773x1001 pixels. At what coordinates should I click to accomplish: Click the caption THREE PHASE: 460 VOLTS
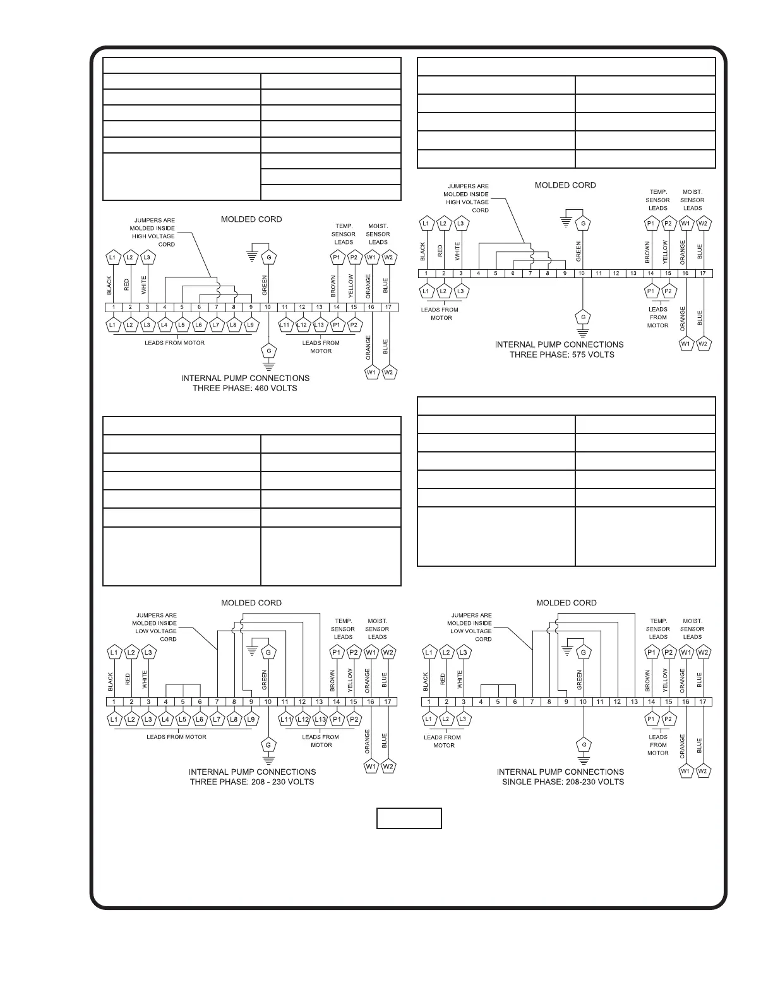coord(245,388)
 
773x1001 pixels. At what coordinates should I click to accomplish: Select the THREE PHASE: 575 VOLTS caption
coord(562,355)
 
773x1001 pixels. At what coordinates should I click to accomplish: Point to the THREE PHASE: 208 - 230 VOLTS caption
coord(252,782)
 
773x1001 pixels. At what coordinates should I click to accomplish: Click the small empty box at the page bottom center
coord(409,818)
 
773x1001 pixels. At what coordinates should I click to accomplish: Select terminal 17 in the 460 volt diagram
coord(388,307)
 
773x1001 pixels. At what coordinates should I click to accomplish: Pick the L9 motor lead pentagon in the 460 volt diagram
coord(251,324)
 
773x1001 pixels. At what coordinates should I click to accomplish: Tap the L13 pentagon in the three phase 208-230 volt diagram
coord(320,719)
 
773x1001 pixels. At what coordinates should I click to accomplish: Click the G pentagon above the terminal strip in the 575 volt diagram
coord(583,224)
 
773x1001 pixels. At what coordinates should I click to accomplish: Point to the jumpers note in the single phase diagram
coord(470,627)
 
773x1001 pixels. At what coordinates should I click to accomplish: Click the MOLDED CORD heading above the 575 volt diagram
coord(565,185)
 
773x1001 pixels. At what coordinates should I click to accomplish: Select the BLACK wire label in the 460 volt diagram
coord(109,286)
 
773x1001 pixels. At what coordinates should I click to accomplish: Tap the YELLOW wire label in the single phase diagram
coord(665,680)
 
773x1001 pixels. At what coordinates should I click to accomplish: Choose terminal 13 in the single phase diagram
coord(634,701)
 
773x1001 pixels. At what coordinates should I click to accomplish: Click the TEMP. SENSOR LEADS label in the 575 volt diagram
coord(658,200)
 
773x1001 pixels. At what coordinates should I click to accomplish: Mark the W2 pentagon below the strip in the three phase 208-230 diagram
coord(388,767)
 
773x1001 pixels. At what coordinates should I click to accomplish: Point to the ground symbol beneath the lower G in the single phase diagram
coord(583,756)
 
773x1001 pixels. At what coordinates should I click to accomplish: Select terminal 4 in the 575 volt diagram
coord(479,274)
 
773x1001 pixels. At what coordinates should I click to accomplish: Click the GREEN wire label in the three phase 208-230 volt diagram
coord(265,680)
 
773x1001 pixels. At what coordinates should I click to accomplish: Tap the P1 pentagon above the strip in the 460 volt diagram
coord(337,258)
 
